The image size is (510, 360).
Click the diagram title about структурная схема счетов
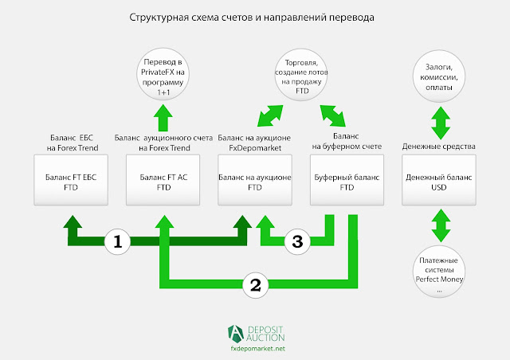click(254, 16)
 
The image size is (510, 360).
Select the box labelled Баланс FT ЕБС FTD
click(72, 182)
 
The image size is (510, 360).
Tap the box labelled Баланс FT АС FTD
click(163, 182)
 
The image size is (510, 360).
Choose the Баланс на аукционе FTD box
click(255, 182)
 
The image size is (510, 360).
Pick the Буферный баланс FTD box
click(346, 182)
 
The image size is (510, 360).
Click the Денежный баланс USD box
click(438, 182)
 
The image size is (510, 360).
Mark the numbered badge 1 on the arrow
click(118, 241)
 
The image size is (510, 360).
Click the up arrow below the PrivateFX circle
click(163, 117)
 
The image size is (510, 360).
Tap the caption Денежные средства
click(438, 147)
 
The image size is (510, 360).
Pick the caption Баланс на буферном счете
click(347, 141)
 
